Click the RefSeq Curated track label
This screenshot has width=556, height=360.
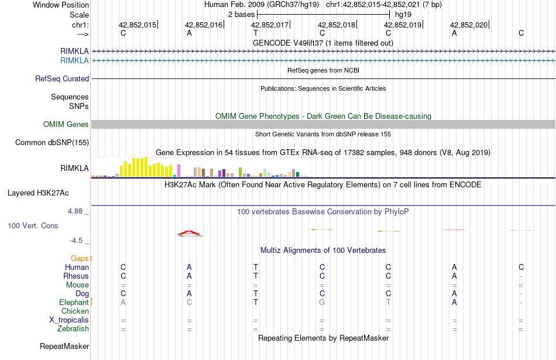point(62,78)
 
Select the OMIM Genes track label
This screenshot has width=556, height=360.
point(66,124)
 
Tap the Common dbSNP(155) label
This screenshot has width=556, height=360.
point(52,142)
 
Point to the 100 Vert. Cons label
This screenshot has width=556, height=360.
point(33,225)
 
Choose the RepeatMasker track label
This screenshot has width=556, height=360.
point(64,346)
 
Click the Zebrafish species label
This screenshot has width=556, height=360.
point(73,329)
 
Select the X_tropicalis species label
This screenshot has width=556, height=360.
point(69,320)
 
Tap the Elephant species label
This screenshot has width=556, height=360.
point(74,302)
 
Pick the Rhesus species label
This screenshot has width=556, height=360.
point(76,276)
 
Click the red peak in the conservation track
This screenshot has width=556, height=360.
point(190,233)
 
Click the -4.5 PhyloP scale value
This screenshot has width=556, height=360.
point(78,240)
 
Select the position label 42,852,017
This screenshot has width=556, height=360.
point(270,25)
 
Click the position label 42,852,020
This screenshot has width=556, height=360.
point(468,25)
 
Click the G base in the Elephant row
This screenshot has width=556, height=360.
point(322,302)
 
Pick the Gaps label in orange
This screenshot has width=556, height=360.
point(81,258)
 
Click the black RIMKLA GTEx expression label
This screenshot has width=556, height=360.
point(74,169)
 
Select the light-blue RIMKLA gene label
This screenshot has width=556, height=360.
point(74,60)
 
